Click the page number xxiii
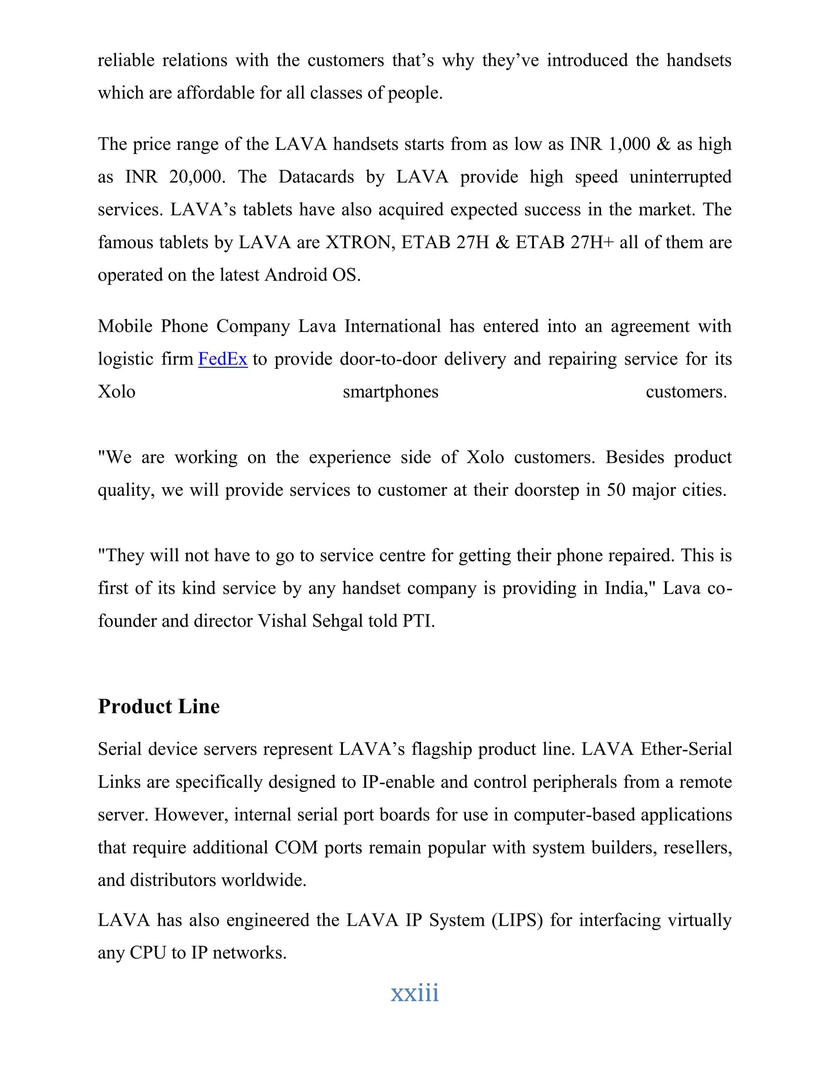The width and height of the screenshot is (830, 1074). tap(415, 993)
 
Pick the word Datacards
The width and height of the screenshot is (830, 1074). tap(316, 177)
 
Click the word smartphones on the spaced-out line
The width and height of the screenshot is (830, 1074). tap(390, 392)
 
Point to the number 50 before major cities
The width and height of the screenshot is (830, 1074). tap(616, 490)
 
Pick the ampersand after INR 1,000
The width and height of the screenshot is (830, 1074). tap(663, 144)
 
